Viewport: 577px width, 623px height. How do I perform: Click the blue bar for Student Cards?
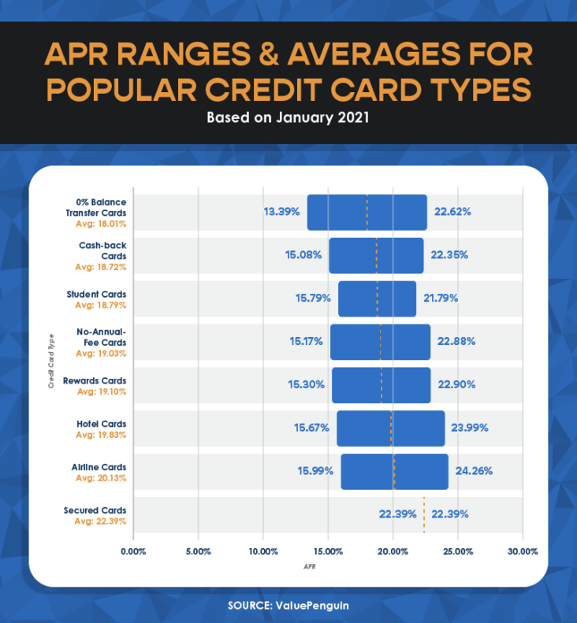click(377, 299)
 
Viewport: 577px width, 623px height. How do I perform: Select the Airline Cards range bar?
click(394, 471)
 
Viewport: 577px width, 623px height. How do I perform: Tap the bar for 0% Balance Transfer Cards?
click(367, 212)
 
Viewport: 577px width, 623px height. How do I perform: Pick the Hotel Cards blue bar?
click(390, 428)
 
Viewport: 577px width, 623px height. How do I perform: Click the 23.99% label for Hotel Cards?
click(470, 428)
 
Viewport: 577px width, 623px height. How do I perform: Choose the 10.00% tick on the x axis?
click(262, 551)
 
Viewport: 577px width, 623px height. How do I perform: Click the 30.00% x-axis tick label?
click(522, 551)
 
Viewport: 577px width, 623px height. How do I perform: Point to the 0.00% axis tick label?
click(133, 551)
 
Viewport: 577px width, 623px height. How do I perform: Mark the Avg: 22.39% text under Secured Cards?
click(100, 521)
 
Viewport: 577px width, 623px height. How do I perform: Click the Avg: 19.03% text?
click(100, 354)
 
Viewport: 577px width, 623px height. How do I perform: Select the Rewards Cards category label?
click(95, 381)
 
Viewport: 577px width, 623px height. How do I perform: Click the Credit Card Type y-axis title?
click(50, 359)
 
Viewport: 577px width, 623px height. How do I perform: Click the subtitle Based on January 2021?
click(288, 119)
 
